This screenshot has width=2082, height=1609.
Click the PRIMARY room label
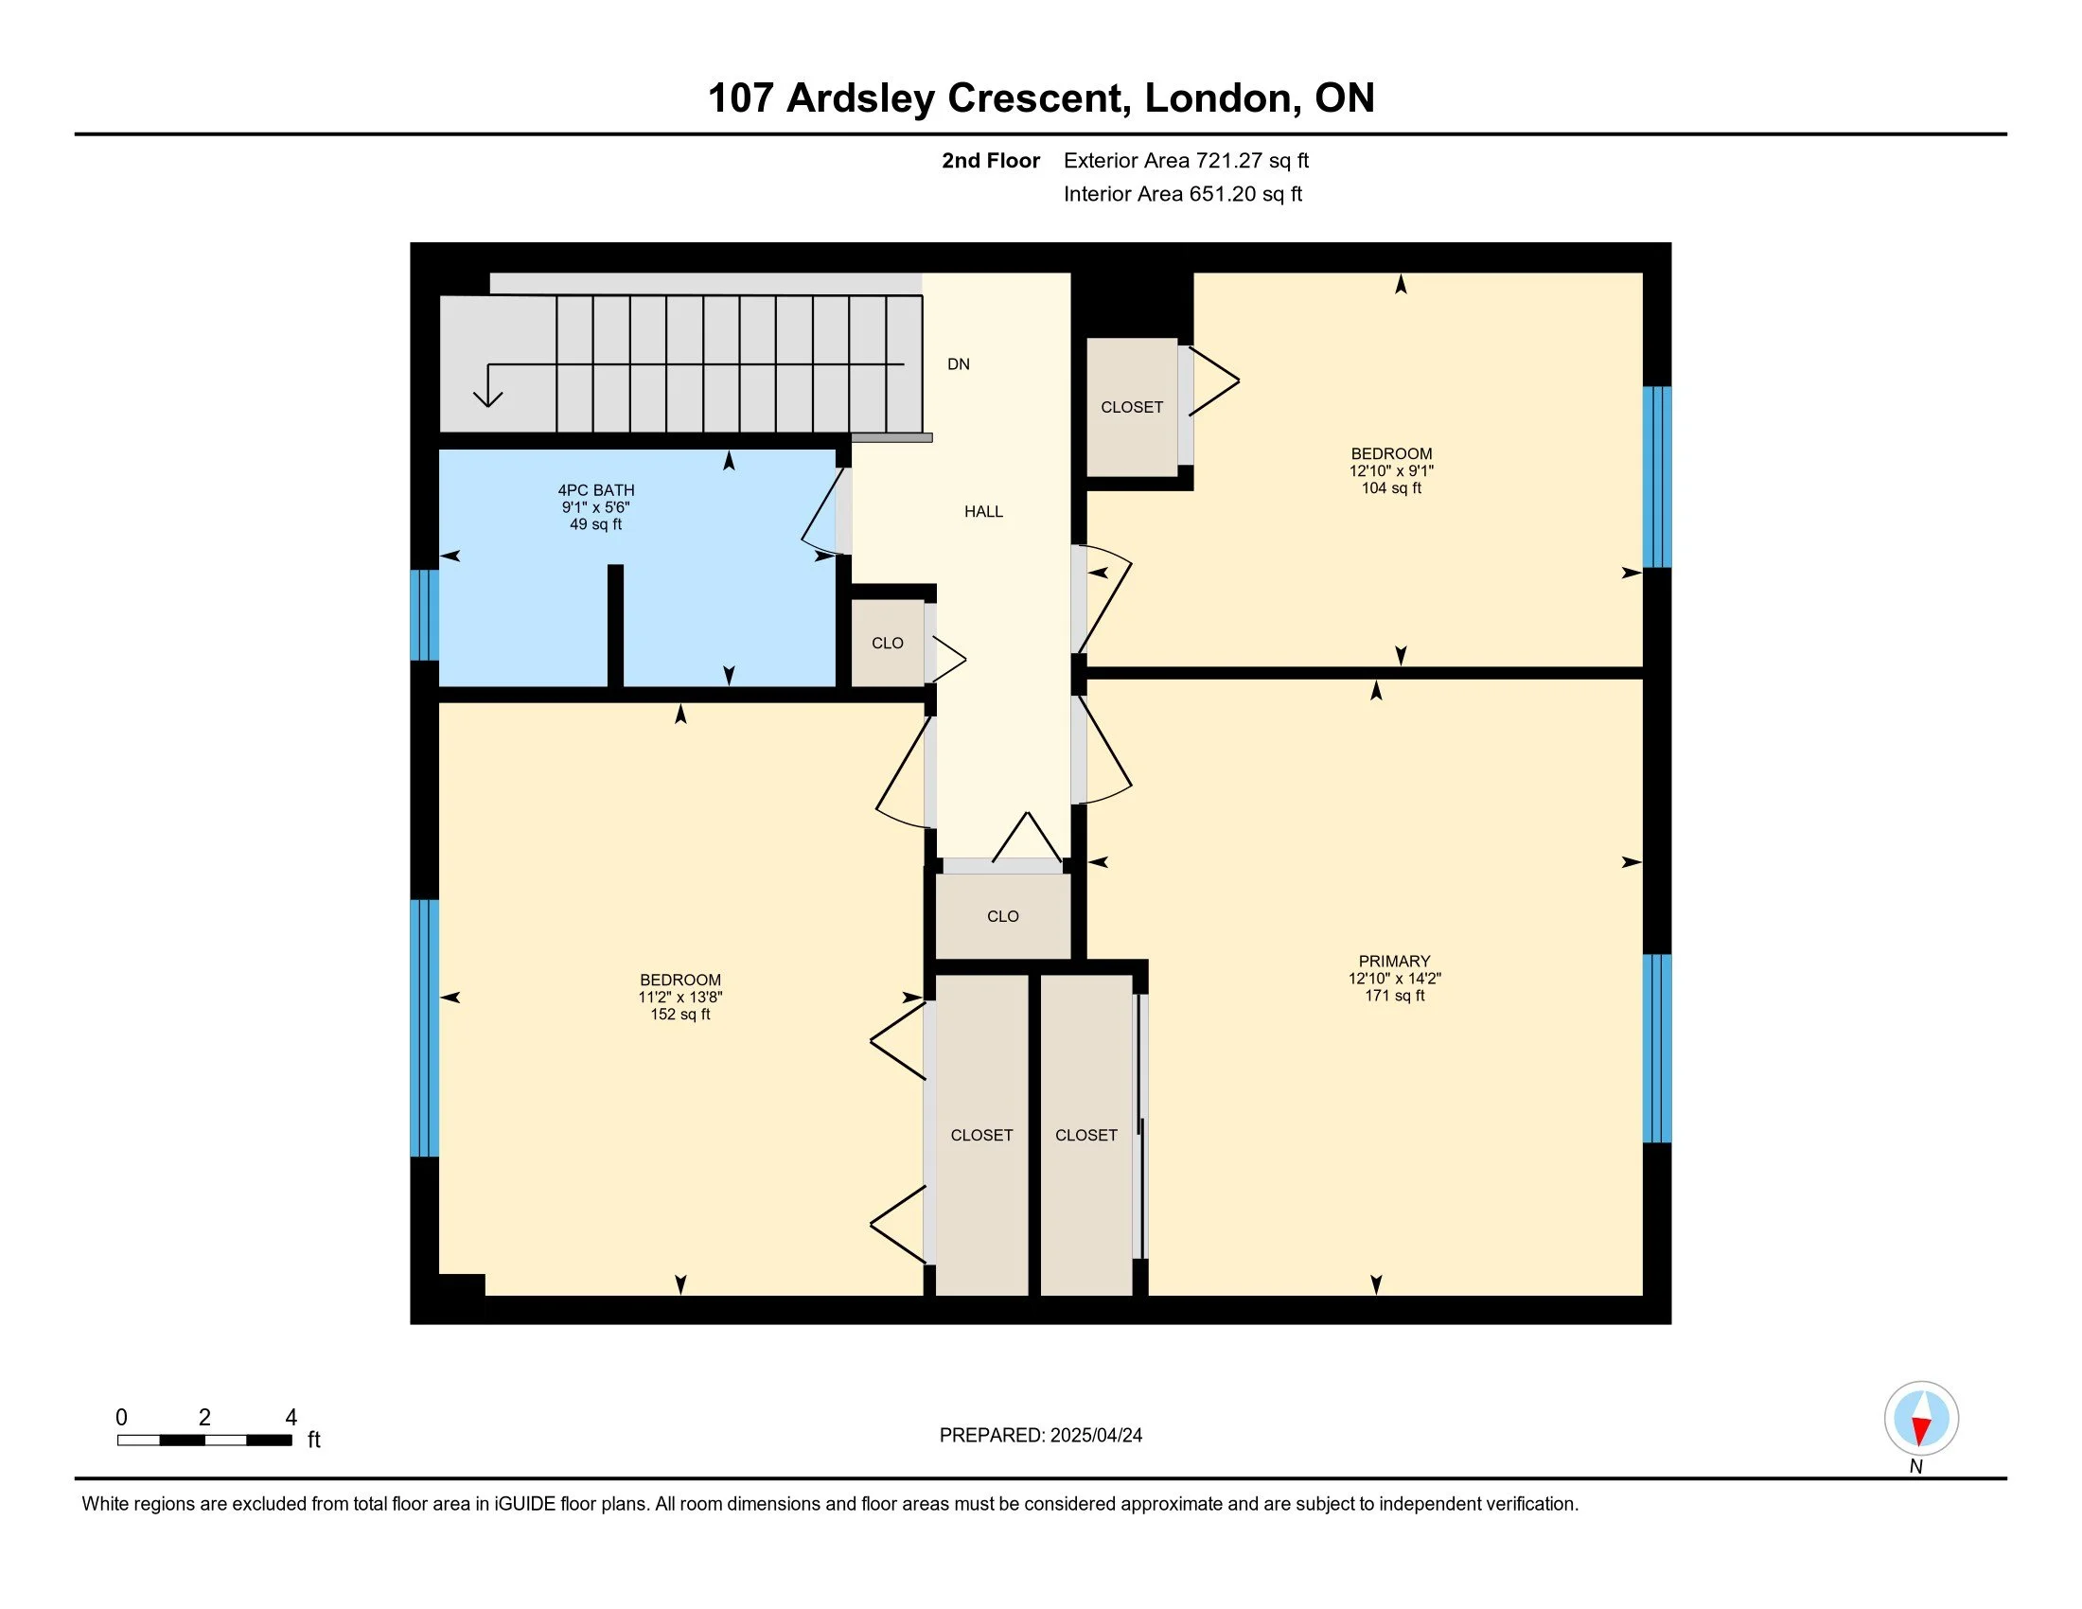click(x=1394, y=961)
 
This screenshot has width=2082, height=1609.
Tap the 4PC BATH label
click(x=596, y=490)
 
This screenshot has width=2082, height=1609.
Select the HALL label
click(x=983, y=512)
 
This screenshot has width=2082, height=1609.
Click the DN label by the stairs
click(x=958, y=364)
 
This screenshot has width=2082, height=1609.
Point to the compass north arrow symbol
click(x=1921, y=1418)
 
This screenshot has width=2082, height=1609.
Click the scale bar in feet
click(x=205, y=1441)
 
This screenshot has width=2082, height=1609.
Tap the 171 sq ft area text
click(x=1394, y=995)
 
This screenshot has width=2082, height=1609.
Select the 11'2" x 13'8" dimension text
click(x=680, y=997)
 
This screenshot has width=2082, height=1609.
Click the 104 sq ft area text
click(x=1391, y=488)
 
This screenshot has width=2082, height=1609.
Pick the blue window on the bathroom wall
click(x=424, y=615)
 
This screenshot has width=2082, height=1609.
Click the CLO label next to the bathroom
click(x=888, y=644)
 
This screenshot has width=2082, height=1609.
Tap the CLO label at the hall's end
click(x=1003, y=916)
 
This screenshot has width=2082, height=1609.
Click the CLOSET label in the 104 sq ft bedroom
click(x=1132, y=407)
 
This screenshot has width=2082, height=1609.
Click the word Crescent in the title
click(x=1040, y=98)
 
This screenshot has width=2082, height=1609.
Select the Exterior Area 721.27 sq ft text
click(x=1186, y=160)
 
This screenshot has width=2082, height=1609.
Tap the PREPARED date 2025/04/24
click(x=1096, y=1435)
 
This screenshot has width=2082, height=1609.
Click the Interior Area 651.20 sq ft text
click(x=1182, y=193)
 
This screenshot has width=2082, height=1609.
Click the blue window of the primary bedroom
click(x=1657, y=1048)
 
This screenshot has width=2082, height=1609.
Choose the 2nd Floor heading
click(x=991, y=160)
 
